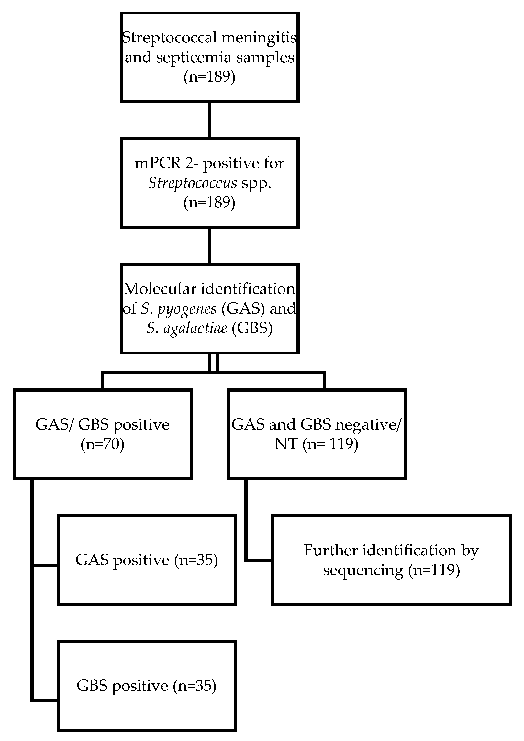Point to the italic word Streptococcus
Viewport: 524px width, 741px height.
point(193,183)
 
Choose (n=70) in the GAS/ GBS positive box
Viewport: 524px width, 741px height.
point(102,444)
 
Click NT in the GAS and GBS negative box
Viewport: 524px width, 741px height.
point(286,444)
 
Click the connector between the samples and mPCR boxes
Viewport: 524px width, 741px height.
point(209,120)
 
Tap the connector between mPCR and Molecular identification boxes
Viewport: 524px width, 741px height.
point(209,246)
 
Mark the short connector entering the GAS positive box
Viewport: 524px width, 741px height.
point(45,566)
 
